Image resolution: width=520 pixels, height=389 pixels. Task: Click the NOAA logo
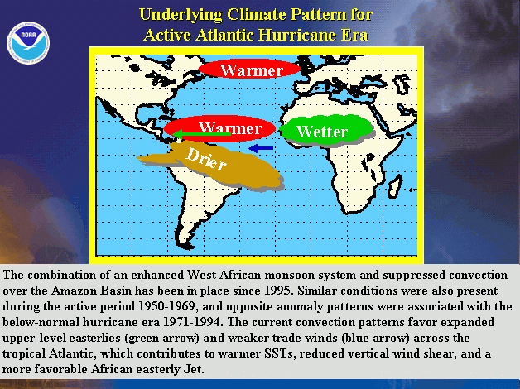click(28, 43)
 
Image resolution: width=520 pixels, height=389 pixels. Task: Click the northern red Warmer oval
click(249, 69)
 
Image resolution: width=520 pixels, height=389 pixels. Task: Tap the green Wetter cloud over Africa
click(327, 130)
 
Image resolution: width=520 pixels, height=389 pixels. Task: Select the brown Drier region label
click(206, 158)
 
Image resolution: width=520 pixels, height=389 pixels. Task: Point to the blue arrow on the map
click(261, 148)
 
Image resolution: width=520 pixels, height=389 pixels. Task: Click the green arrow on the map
click(202, 134)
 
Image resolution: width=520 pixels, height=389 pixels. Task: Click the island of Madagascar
click(395, 187)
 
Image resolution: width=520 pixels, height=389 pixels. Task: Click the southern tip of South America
click(190, 247)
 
